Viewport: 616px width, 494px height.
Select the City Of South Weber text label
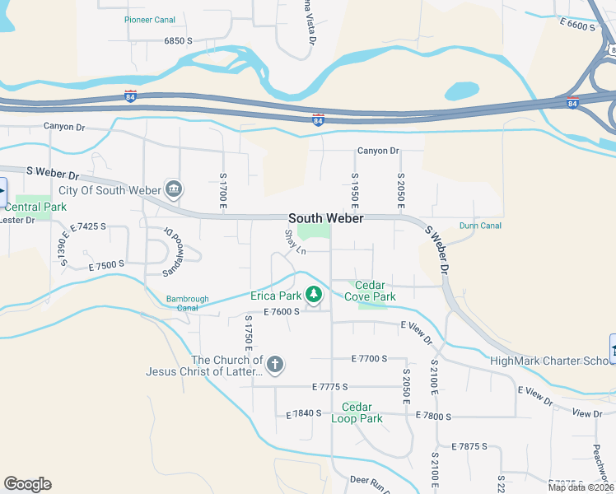[x=116, y=191]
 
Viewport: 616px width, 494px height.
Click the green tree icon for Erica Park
[x=313, y=294]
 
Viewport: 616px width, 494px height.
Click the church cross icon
[x=275, y=363]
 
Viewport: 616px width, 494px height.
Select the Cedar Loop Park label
[x=357, y=412]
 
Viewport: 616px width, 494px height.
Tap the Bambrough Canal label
[x=188, y=304]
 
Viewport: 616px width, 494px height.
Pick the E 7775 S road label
[x=330, y=386]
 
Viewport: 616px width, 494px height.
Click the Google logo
[x=27, y=484]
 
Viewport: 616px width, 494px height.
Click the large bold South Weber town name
[x=326, y=218]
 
